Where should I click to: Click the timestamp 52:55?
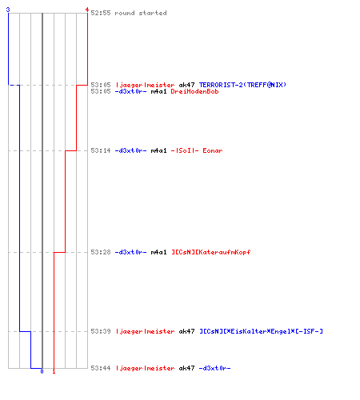tap(101, 13)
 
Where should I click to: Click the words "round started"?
tap(141, 13)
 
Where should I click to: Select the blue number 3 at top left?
tap(8, 10)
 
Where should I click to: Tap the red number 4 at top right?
tap(87, 10)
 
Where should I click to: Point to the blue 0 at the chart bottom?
tap(42, 371)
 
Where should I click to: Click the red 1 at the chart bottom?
tap(54, 371)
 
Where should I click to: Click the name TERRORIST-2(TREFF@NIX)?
tap(242, 85)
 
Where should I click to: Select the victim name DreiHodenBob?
tap(194, 91)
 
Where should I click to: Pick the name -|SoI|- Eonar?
tap(197, 150)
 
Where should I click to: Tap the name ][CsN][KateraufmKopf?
tap(210, 252)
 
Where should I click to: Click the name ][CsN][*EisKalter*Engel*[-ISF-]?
tap(261, 331)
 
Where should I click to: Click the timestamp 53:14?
tap(101, 150)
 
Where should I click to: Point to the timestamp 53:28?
tap(101, 252)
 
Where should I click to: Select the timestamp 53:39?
tap(101, 331)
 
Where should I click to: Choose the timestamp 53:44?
tap(101, 368)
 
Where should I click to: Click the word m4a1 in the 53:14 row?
tap(158, 150)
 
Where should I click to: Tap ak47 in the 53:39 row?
tap(186, 331)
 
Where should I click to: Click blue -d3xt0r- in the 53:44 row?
tap(214, 368)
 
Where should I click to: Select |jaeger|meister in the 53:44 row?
tap(145, 368)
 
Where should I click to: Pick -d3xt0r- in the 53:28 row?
tap(130, 252)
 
